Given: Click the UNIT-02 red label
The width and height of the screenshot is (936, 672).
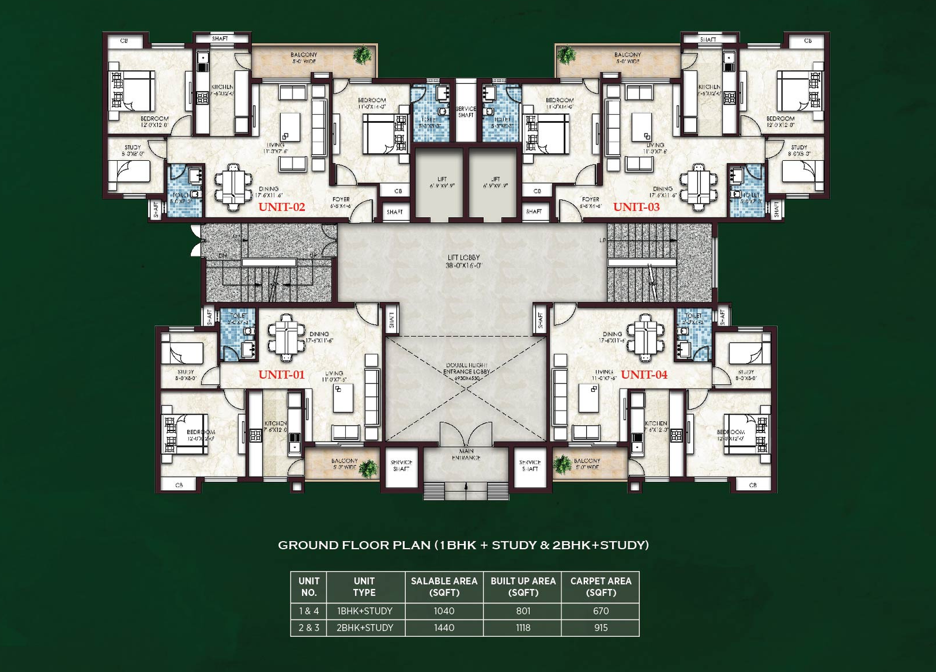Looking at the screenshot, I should tap(281, 207).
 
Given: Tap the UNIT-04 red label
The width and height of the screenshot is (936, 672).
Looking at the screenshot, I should tap(643, 375).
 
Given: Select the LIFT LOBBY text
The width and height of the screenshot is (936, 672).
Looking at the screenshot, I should tap(463, 261).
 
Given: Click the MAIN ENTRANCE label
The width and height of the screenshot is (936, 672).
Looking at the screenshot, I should tap(466, 454).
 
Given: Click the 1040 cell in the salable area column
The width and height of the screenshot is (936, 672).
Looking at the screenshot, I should tap(444, 611).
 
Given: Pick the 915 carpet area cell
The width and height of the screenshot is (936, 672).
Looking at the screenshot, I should tap(601, 628).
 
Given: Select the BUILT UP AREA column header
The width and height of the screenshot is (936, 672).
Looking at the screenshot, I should tap(523, 587).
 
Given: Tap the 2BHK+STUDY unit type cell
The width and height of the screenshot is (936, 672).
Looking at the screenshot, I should tap(364, 628).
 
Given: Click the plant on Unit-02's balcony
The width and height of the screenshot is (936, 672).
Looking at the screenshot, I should tap(363, 56).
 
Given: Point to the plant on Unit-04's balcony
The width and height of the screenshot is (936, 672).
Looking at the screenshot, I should tap(563, 464).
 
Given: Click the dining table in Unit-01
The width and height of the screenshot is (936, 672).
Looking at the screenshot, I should tap(287, 337).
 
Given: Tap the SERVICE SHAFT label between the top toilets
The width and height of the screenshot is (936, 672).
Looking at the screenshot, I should tap(466, 112).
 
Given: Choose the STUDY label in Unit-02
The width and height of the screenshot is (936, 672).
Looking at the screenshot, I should tap(133, 150).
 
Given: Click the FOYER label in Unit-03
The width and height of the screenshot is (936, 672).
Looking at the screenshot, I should tap(590, 202).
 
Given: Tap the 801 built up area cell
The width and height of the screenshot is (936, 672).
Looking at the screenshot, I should tap(523, 611).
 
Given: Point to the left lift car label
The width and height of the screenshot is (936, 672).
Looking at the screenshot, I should tap(442, 182).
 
